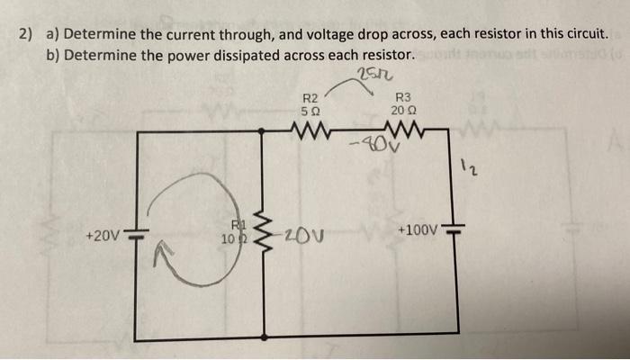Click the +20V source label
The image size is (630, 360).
pos(102,236)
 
